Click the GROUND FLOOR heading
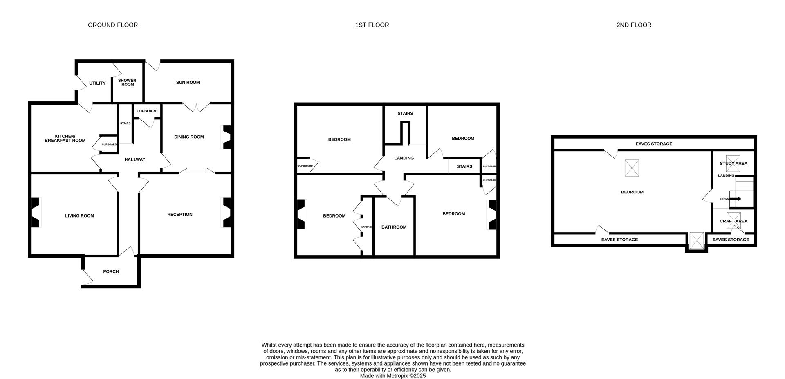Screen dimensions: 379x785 pyautogui.click(x=113, y=25)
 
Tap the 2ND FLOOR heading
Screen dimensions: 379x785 pyautogui.click(x=634, y=25)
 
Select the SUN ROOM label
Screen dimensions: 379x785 pyautogui.click(x=188, y=83)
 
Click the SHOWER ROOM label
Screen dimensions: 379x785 pyautogui.click(x=127, y=83)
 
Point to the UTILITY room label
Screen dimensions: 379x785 pyautogui.click(x=97, y=83)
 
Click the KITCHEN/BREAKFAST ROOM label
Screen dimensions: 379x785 pyautogui.click(x=65, y=139)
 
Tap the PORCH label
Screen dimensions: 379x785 pyautogui.click(x=111, y=271)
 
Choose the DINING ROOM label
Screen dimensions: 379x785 pyautogui.click(x=189, y=137)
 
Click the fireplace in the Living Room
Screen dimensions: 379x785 pyautogui.click(x=36, y=213)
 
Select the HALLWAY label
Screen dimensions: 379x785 pyautogui.click(x=135, y=160)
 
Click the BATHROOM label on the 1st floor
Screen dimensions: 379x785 pyautogui.click(x=394, y=227)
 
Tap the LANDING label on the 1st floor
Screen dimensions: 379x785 pyautogui.click(x=404, y=158)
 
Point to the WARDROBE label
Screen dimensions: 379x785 pyautogui.click(x=366, y=227)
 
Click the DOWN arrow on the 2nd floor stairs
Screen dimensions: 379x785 pyautogui.click(x=736, y=199)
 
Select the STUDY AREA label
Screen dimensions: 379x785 pyautogui.click(x=733, y=164)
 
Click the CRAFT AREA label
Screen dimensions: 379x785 pyautogui.click(x=733, y=221)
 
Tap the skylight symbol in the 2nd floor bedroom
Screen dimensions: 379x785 pyautogui.click(x=632, y=168)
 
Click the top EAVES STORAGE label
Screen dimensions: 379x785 pyautogui.click(x=653, y=144)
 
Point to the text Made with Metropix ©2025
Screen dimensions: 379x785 pyautogui.click(x=392, y=376)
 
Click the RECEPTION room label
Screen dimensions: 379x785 pyautogui.click(x=179, y=215)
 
